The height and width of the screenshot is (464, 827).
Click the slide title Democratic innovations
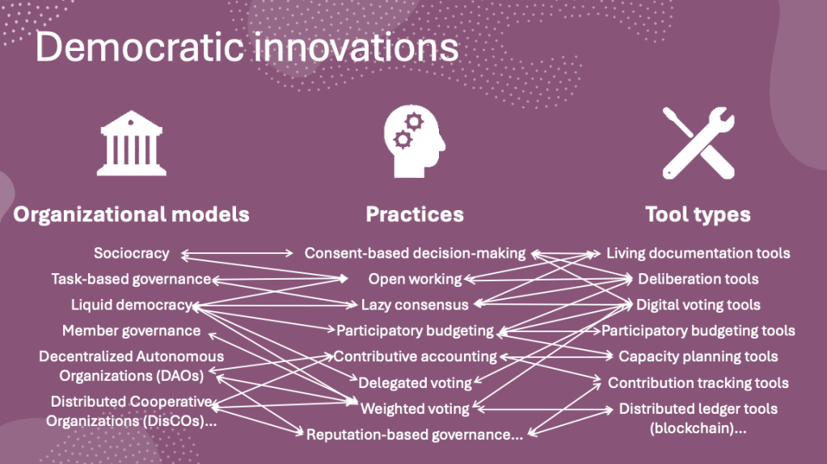(247, 48)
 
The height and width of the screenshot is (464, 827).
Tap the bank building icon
(131, 143)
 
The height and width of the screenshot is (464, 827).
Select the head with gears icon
(415, 141)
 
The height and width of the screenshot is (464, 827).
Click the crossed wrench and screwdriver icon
(698, 143)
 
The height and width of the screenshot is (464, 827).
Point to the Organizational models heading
(131, 214)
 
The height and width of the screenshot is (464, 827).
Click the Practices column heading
(415, 214)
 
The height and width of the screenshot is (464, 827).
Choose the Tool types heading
(698, 214)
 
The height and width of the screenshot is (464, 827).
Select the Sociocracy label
(131, 253)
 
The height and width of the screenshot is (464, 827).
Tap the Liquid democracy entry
(131, 305)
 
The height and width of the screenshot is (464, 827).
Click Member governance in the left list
(131, 331)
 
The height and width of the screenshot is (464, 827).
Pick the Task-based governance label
(131, 279)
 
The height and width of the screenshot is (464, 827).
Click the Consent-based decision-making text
(415, 253)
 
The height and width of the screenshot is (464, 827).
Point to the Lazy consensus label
(415, 305)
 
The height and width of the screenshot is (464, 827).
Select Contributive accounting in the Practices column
(415, 356)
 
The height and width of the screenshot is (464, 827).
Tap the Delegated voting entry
(415, 383)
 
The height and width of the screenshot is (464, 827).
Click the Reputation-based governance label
(415, 434)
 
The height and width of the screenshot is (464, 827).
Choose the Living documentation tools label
(698, 253)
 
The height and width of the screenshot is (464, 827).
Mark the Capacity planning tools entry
(698, 356)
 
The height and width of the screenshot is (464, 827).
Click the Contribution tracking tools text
(698, 383)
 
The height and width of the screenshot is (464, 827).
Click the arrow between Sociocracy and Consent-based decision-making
(237, 254)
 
